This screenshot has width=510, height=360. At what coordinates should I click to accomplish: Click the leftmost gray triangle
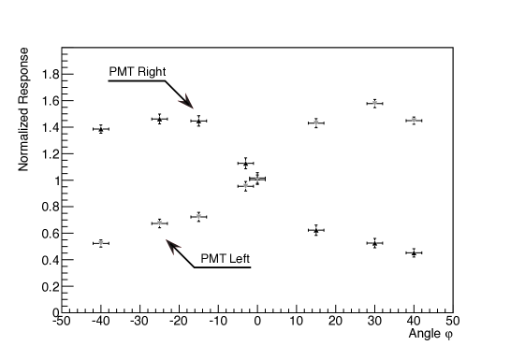tap(101, 243)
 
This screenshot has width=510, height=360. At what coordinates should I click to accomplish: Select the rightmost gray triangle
tap(414, 120)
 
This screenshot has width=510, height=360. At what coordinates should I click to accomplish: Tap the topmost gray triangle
tap(374, 103)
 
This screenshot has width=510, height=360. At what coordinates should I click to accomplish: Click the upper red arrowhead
tap(187, 101)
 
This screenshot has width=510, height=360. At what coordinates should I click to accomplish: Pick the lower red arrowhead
tap(172, 246)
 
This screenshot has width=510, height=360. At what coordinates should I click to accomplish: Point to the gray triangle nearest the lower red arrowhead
tap(160, 223)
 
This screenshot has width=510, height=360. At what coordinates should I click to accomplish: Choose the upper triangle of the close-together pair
tap(257, 179)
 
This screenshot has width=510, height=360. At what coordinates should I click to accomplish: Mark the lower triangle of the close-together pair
tap(246, 186)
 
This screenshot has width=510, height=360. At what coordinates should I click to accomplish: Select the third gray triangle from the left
tap(198, 217)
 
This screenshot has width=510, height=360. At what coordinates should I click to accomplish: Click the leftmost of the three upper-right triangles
tap(316, 122)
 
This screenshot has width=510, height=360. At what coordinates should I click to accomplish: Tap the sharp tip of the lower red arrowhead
tap(167, 240)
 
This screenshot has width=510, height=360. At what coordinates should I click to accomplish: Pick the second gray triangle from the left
tap(160, 223)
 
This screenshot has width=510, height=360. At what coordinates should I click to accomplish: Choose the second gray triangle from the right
tap(374, 103)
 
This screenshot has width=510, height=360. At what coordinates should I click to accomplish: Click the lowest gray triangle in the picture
tap(101, 243)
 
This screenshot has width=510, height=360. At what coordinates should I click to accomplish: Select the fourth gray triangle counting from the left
tap(246, 186)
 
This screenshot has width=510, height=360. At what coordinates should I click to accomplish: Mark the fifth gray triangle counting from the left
tap(257, 179)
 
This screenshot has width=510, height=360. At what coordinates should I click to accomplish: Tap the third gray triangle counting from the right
tap(316, 122)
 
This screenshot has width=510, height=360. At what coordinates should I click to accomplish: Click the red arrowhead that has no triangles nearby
tap(187, 101)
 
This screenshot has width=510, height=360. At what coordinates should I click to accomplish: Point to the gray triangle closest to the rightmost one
tap(374, 103)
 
